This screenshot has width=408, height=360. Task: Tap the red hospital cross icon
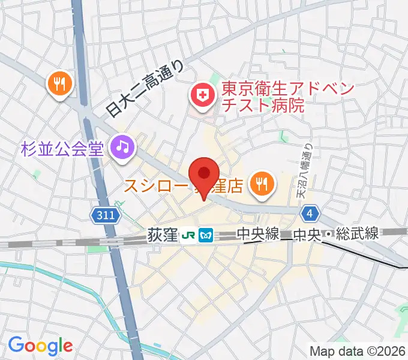[203, 95]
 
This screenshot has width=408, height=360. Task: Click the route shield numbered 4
[310, 214]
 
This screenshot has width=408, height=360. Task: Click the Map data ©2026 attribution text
[358, 351]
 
